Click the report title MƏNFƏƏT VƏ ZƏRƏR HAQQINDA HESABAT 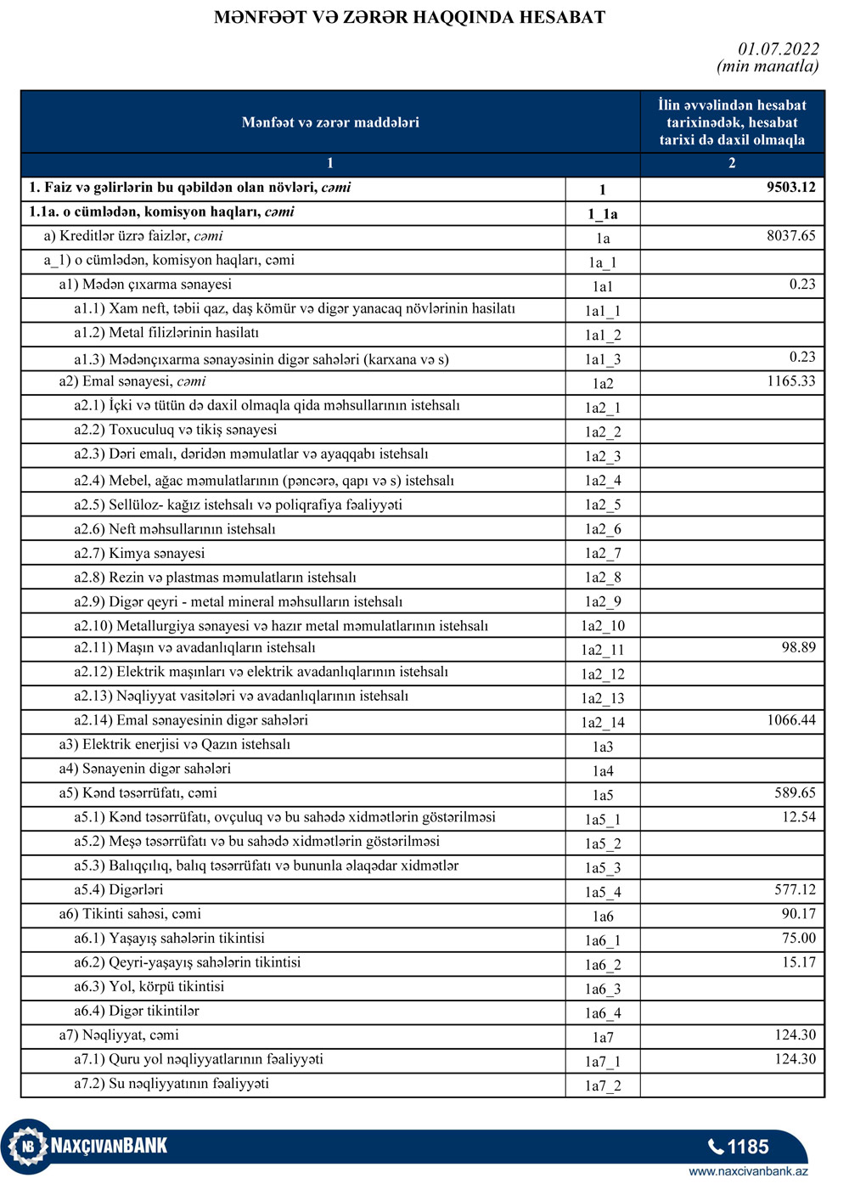(x=409, y=18)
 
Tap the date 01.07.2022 (x=778, y=49)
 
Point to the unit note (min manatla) (x=767, y=66)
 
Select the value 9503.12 (x=790, y=188)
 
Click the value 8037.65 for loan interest (x=790, y=236)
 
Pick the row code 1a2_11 (x=602, y=650)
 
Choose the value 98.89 (x=798, y=648)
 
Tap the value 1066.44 (x=790, y=720)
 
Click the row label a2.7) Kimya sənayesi (x=139, y=554)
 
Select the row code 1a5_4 (x=602, y=892)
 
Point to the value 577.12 (x=795, y=890)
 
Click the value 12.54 (x=798, y=817)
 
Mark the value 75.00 (x=798, y=939)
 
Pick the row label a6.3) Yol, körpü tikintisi (x=149, y=987)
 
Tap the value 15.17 (x=798, y=962)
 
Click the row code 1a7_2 (x=602, y=1085)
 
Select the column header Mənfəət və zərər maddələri (x=330, y=122)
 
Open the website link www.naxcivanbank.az (x=748, y=1171)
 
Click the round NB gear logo (x=28, y=1147)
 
